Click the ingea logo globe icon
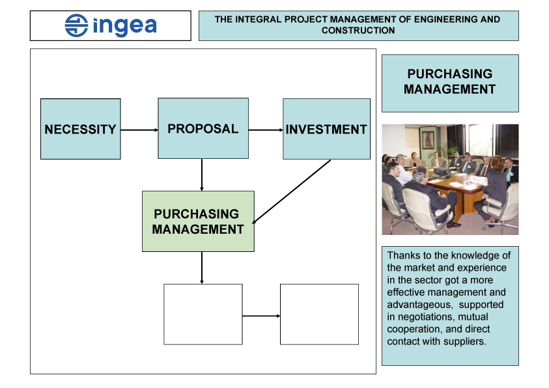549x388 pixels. pyautogui.click(x=76, y=25)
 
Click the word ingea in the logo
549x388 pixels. pyautogui.click(x=124, y=26)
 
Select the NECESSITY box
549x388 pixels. pyautogui.click(x=81, y=129)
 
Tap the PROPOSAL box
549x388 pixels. pyautogui.click(x=203, y=128)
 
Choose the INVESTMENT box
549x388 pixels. pyautogui.click(x=327, y=129)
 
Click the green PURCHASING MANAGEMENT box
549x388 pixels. pyautogui.click(x=198, y=221)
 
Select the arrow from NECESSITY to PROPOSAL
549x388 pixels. pyautogui.click(x=139, y=130)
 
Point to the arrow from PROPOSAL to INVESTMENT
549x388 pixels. pyautogui.click(x=266, y=130)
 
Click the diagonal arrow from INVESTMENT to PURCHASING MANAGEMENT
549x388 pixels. pyautogui.click(x=291, y=191)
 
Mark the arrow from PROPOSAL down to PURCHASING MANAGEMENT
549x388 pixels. pyautogui.click(x=202, y=174)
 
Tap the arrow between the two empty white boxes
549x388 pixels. pyautogui.click(x=261, y=316)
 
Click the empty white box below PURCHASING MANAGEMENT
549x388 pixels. pyautogui.click(x=203, y=314)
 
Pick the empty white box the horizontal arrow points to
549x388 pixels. pyautogui.click(x=319, y=314)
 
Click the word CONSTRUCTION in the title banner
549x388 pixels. pyautogui.click(x=358, y=31)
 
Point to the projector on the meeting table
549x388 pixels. pyautogui.click(x=442, y=171)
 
